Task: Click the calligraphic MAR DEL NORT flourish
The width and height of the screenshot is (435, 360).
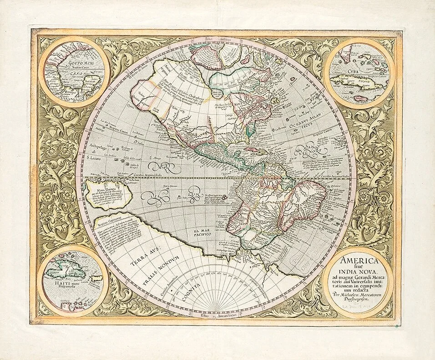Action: [306, 151]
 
